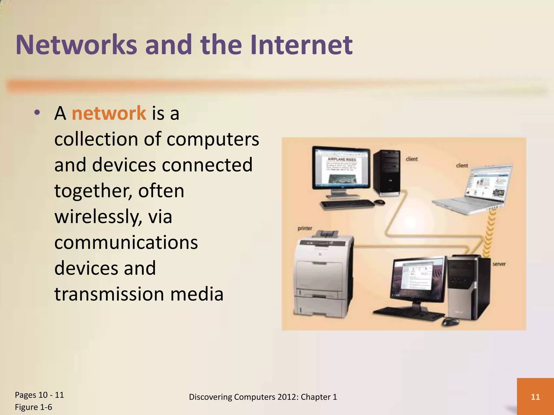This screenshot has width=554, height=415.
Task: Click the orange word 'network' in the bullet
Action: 109,113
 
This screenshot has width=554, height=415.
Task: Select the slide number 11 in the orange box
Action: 535,397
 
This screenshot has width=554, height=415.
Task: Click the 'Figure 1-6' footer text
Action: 34,407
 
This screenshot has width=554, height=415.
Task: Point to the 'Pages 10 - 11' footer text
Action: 39,395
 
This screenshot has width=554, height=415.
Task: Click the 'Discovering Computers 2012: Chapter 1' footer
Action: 263,397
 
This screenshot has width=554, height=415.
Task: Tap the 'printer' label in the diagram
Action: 305,228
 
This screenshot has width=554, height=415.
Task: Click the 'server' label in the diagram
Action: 499,264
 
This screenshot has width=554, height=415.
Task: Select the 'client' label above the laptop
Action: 462,165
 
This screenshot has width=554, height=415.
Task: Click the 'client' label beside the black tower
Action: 412,159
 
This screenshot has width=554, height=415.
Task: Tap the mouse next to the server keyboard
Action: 450,322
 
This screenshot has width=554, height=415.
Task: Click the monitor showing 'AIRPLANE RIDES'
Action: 341,169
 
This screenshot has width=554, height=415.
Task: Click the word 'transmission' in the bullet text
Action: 109,294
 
